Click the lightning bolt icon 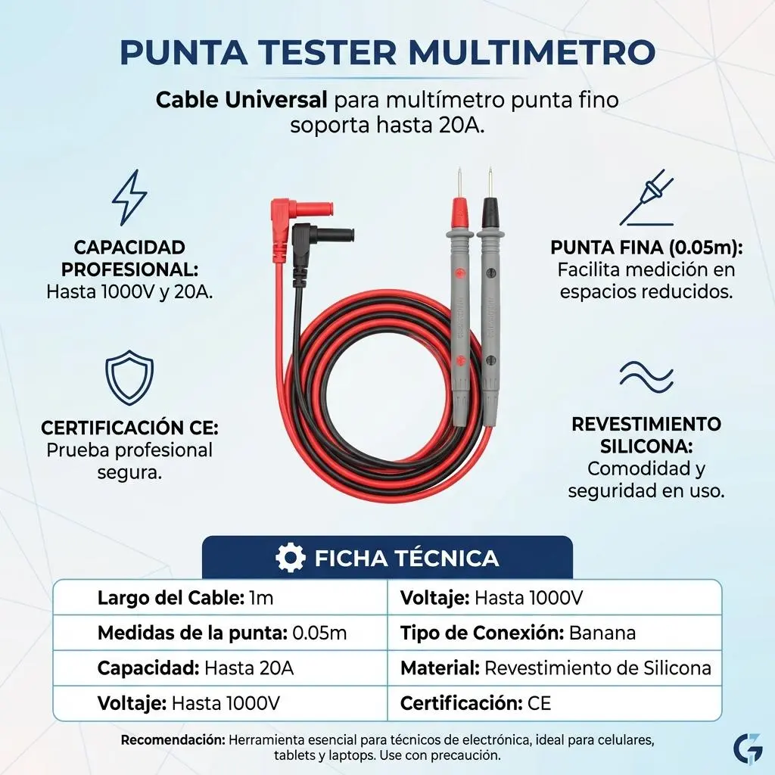129,198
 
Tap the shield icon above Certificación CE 129,377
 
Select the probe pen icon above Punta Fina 646,198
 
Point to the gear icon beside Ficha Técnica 290,558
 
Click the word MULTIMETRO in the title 532,51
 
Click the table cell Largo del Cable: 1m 220,598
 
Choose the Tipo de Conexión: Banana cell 555,633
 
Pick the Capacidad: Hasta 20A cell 220,668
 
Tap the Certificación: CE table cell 555,703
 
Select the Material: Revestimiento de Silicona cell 555,668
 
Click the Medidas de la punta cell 220,633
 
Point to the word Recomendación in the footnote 173,740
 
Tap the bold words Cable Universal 241,101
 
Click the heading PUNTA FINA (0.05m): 646,247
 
